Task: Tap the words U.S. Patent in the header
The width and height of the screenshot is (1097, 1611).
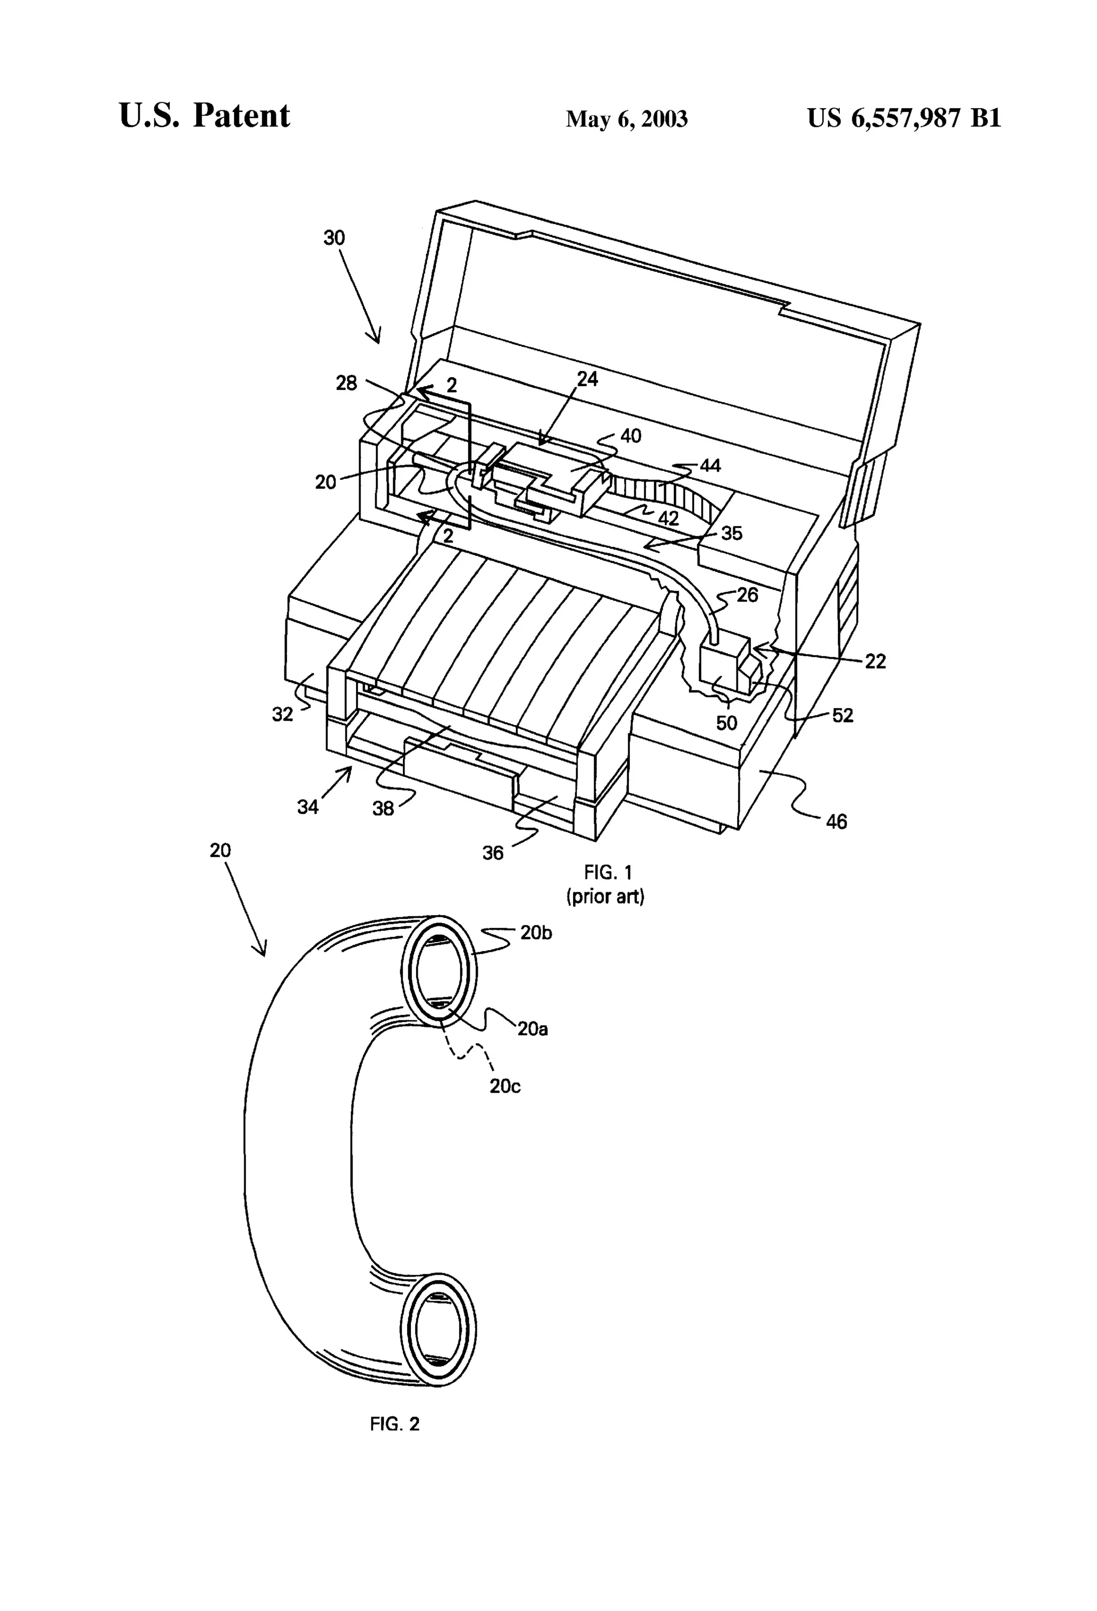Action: pos(205,115)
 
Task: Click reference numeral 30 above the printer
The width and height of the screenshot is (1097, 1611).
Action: pos(334,238)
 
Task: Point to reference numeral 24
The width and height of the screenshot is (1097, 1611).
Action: pos(587,379)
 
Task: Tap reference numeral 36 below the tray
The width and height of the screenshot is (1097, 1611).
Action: pos(493,853)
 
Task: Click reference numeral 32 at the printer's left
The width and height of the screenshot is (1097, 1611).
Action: pos(282,714)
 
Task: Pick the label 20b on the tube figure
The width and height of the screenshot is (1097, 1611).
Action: pos(536,933)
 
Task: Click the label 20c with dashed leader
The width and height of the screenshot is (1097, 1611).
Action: pos(505,1086)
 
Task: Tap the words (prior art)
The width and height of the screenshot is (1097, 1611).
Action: pos(605,897)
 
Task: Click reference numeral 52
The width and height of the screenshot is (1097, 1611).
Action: pos(843,716)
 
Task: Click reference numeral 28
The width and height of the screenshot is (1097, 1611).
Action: pos(347,382)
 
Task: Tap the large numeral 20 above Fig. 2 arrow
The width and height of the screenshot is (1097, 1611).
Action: pos(221,850)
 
